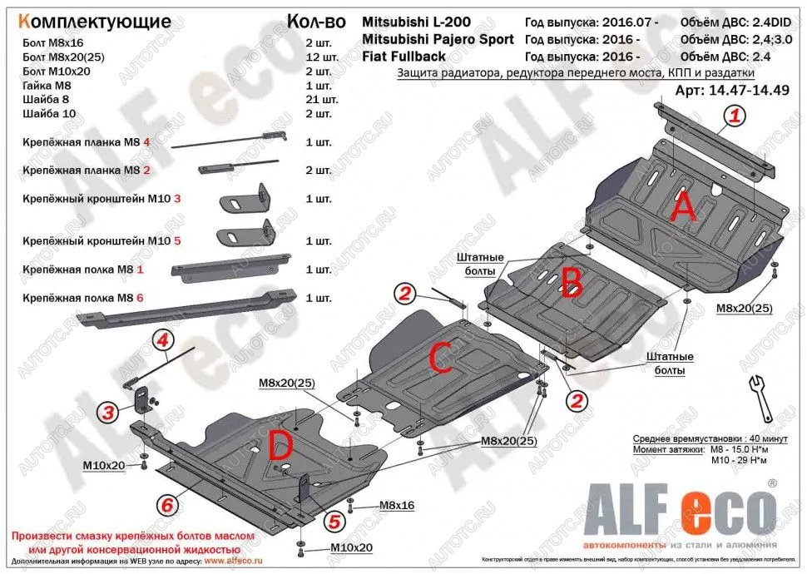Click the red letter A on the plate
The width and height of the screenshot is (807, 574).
click(x=682, y=206)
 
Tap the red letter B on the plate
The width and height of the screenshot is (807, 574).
click(x=571, y=284)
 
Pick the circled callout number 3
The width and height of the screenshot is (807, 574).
click(x=106, y=410)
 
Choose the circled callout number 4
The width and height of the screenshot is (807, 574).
click(x=161, y=339)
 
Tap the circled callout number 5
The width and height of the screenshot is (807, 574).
click(x=333, y=522)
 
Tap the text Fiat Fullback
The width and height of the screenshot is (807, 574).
click(x=403, y=57)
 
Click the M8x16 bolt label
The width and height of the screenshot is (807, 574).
click(x=396, y=505)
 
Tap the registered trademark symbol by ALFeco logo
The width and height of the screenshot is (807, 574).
click(x=772, y=482)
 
